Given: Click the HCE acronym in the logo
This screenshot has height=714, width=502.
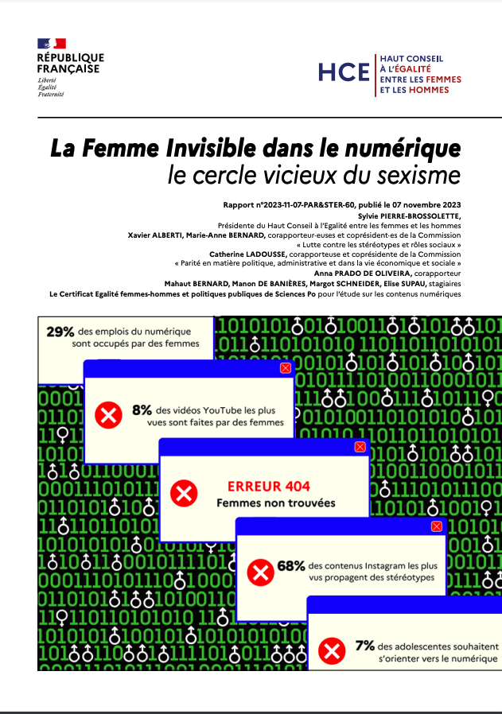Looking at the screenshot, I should [344, 72].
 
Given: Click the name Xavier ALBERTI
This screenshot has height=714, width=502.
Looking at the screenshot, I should [154, 235].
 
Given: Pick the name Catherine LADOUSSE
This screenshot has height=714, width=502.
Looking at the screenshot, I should [243, 255].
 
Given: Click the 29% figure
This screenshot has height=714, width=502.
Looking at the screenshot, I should [60, 332].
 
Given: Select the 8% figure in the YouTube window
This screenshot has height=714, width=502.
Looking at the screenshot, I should [142, 409].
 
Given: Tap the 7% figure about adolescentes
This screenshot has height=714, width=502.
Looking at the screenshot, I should [365, 646].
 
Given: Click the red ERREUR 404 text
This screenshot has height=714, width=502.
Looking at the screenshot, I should [268, 487].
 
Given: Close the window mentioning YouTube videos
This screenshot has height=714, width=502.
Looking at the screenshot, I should [286, 368].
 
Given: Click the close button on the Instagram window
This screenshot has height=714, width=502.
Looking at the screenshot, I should [436, 526].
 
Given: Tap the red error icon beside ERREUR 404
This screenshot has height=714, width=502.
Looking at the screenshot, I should [185, 495].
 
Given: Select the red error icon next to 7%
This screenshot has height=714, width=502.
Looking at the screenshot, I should [329, 652].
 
